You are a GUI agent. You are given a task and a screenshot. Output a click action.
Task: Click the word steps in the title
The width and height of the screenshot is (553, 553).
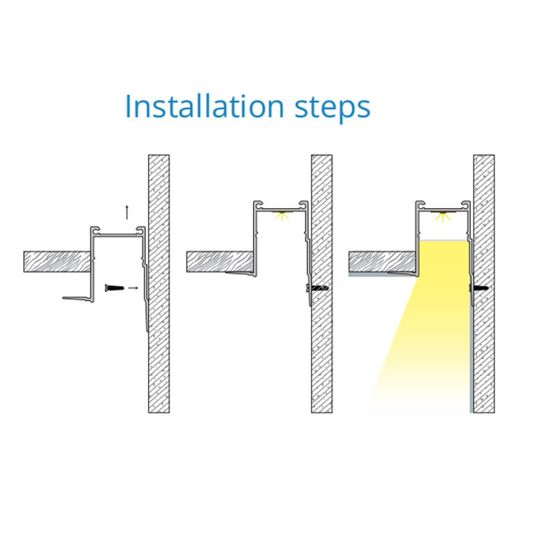pyautogui.click(x=332, y=108)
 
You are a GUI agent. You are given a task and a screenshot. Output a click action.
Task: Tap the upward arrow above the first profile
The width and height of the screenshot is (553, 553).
pyautogui.click(x=127, y=212)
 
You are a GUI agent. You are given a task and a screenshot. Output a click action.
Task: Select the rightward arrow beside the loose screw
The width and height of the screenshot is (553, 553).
pyautogui.click(x=133, y=288)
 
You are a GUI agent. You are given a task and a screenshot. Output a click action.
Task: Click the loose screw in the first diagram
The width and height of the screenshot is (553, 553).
pyautogui.click(x=115, y=288)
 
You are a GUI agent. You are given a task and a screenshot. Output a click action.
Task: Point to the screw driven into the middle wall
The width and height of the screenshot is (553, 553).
pyautogui.click(x=318, y=288)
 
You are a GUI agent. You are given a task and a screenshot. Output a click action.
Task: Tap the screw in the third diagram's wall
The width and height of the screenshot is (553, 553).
pyautogui.click(x=479, y=288)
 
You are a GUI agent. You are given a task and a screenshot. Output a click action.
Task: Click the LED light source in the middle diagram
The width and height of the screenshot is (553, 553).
pyautogui.click(x=281, y=215)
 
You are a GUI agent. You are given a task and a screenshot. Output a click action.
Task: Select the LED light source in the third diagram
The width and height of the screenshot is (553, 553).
pyautogui.click(x=443, y=216)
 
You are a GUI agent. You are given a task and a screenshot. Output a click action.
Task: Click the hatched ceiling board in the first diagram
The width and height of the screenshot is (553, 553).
pyautogui.click(x=57, y=262)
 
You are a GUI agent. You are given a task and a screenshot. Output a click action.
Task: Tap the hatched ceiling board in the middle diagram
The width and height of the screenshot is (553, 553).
pyautogui.click(x=220, y=262)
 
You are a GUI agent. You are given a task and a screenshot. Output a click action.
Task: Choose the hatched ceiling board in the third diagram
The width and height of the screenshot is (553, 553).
pyautogui.click(x=382, y=262)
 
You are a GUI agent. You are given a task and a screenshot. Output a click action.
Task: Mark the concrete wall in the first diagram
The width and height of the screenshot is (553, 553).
pyautogui.click(x=159, y=283)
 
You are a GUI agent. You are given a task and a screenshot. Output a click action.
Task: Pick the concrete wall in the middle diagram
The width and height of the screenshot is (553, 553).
pyautogui.click(x=321, y=283)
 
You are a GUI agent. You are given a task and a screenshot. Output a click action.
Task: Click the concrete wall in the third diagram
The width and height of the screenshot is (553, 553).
pyautogui.click(x=484, y=283)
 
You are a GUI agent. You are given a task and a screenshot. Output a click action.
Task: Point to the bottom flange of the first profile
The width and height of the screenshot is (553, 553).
pyautogui.click(x=78, y=299)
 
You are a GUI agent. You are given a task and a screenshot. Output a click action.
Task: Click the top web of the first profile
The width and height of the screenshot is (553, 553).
pyautogui.click(x=118, y=234)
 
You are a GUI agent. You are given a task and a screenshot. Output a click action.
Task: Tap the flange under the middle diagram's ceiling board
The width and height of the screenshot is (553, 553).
pyautogui.click(x=241, y=274)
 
